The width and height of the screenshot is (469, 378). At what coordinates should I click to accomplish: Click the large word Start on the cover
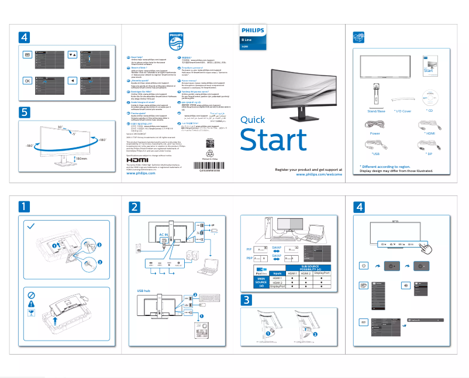(x=273, y=140)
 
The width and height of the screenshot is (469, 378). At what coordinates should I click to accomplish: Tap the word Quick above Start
(x=257, y=120)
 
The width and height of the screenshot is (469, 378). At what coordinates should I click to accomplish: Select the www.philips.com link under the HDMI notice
(x=141, y=174)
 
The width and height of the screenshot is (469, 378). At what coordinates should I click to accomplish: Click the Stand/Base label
(x=376, y=111)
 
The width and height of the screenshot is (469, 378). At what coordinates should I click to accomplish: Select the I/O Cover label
(x=402, y=111)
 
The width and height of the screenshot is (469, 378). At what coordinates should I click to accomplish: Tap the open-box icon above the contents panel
(x=360, y=37)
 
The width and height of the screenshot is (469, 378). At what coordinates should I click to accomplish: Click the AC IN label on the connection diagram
(x=164, y=234)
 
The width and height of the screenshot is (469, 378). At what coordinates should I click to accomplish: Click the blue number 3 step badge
(x=247, y=300)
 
